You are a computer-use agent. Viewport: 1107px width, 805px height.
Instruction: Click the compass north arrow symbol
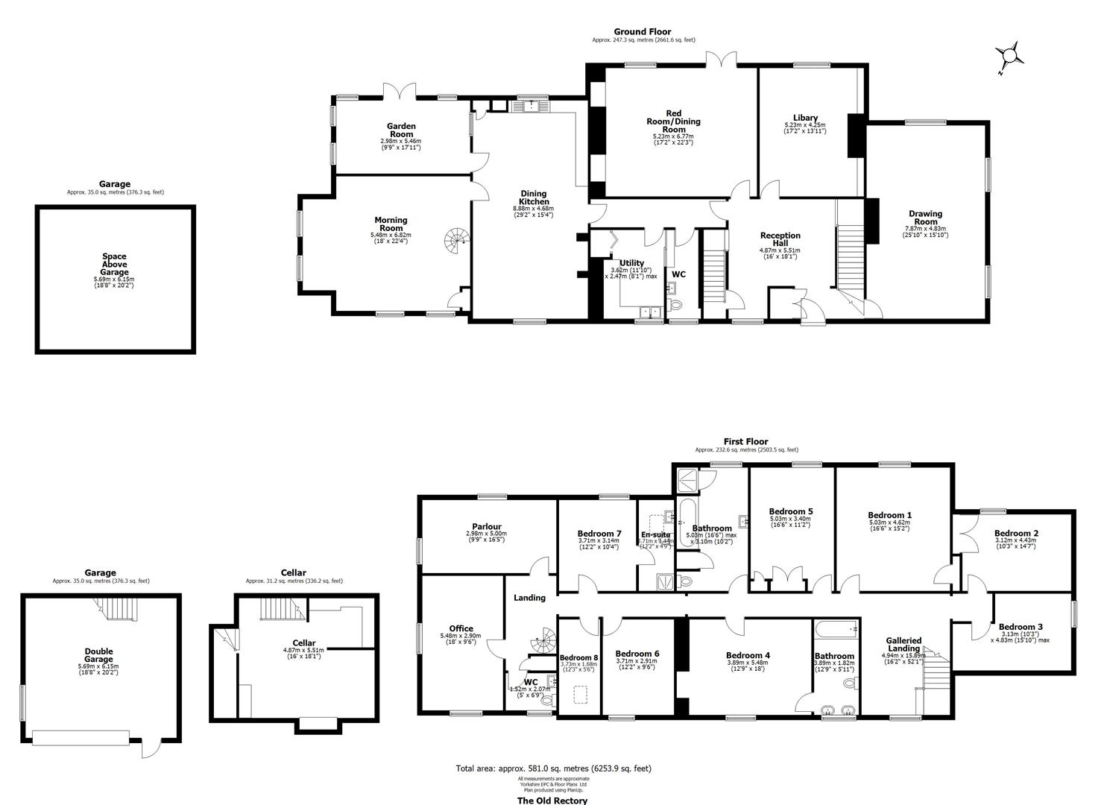1009,57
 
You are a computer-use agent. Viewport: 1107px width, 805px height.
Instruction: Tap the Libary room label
805,118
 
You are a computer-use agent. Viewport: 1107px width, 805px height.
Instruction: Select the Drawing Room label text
926,218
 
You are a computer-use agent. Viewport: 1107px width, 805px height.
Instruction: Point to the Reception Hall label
780,239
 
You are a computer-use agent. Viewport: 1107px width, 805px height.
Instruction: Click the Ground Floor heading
642,31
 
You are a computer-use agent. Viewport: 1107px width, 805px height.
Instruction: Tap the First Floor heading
745,441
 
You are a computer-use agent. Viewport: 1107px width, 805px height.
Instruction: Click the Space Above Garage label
114,265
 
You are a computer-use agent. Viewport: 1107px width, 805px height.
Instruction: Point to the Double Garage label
98,654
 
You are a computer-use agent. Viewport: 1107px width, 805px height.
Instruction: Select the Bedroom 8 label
578,657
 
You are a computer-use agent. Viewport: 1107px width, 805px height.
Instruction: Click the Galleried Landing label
903,644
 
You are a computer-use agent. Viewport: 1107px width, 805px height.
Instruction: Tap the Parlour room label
486,526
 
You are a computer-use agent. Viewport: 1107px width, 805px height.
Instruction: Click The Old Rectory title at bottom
552,801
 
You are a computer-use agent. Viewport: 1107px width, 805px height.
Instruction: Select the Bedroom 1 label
889,515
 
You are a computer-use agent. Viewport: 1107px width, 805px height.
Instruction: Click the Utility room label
631,263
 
